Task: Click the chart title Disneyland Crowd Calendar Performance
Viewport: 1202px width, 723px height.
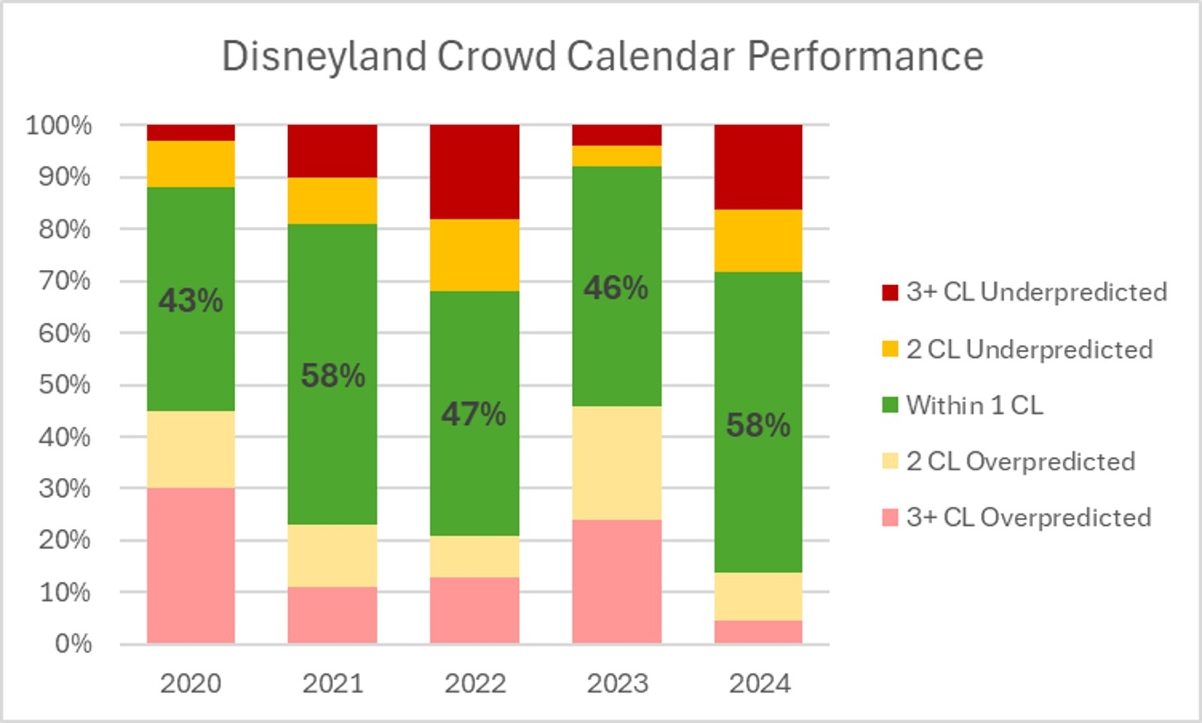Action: coord(602,56)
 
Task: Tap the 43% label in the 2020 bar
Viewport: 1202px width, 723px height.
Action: coord(190,300)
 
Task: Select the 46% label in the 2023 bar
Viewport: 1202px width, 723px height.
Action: coord(616,287)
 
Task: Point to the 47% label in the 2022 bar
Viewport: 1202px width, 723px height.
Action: coord(474,413)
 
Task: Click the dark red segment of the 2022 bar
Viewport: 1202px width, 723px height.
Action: coord(474,171)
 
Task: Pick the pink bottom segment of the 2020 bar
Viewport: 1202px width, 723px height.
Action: coord(190,565)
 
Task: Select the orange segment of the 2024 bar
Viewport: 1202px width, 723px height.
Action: coord(758,240)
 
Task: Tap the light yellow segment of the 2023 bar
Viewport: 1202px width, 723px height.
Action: coord(617,462)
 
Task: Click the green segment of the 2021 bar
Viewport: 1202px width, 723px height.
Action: coord(333,447)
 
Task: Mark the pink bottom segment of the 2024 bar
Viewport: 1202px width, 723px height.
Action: coord(758,632)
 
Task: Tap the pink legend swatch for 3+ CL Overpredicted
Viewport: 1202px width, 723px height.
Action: coord(890,518)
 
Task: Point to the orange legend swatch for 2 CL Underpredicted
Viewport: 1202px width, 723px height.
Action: coord(890,349)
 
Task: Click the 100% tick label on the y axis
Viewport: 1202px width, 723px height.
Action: coord(59,125)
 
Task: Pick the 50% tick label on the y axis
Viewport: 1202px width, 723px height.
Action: coord(65,384)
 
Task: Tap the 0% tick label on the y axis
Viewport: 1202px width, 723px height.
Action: coord(73,643)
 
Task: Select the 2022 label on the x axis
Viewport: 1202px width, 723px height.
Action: coord(474,683)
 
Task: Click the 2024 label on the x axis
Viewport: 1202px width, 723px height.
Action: coord(759,683)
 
